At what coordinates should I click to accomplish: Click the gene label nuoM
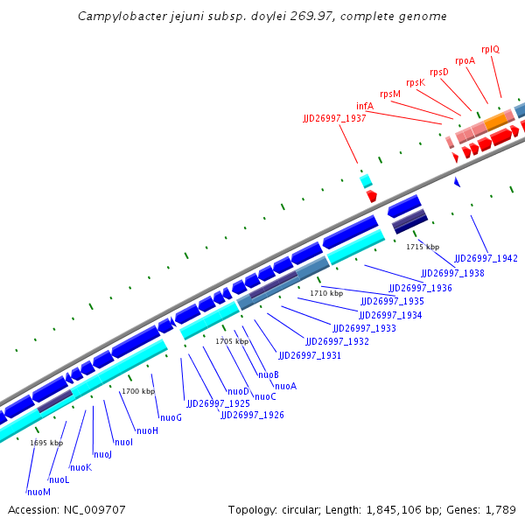[x=38, y=492]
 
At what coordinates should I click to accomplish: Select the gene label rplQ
[x=490, y=49]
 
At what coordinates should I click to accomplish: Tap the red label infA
[x=365, y=106]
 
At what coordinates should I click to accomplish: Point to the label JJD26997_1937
[x=334, y=118]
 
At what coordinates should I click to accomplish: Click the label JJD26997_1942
[x=486, y=259]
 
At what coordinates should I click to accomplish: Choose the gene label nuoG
[x=171, y=417]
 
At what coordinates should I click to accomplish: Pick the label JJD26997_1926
[x=252, y=415]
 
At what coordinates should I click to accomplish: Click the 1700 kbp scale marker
[x=138, y=391]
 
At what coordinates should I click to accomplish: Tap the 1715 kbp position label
[x=423, y=247]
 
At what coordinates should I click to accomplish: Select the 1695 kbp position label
[x=46, y=443]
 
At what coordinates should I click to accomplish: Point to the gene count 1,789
[x=499, y=509]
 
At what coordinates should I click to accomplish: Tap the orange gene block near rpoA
[x=497, y=119]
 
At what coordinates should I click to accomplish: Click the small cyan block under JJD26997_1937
[x=367, y=180]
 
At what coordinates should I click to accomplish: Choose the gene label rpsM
[x=390, y=94]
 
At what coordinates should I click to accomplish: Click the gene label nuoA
[x=285, y=386]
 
